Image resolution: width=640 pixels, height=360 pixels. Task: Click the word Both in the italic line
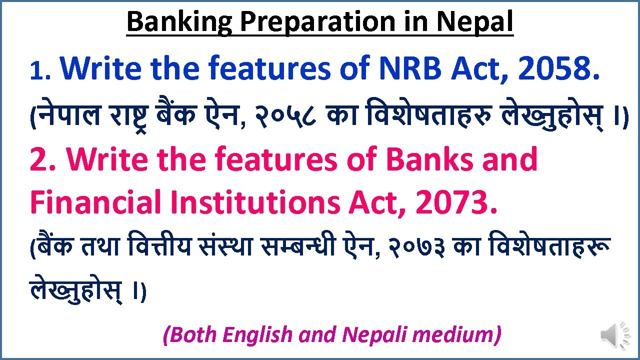(x=191, y=334)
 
